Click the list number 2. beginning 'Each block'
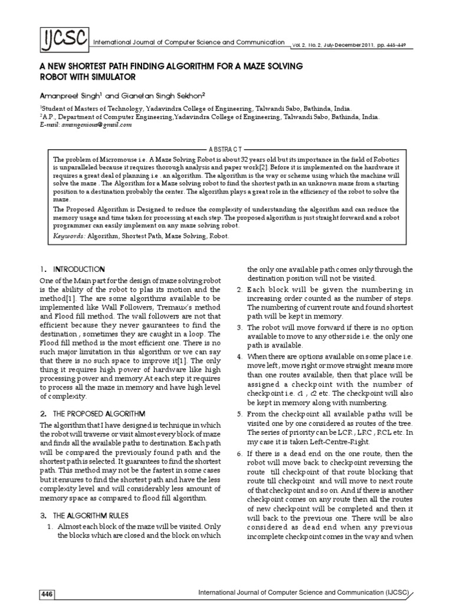click(x=240, y=289)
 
